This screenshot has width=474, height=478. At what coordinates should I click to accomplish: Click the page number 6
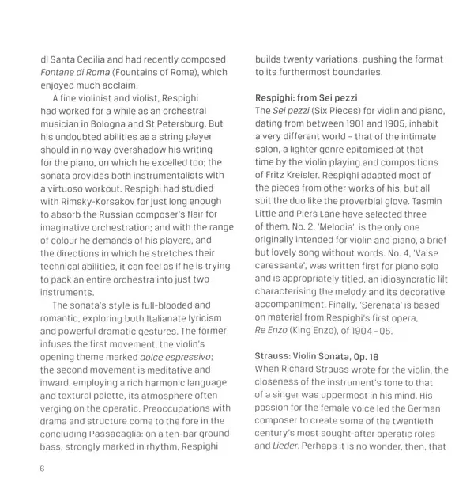[x=43, y=468]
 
